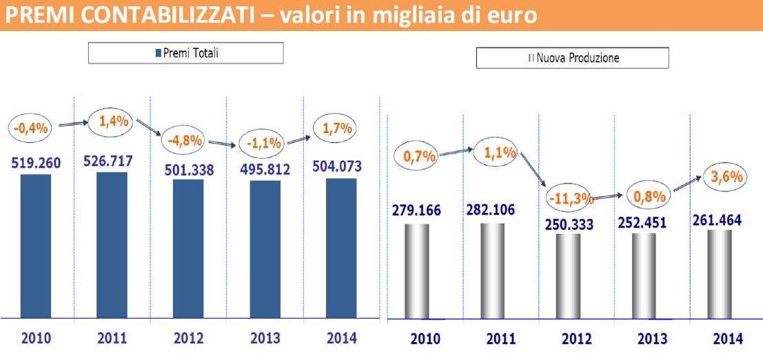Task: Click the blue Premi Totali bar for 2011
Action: [112, 245]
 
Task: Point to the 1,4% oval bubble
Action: [113, 123]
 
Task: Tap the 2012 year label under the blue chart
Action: [188, 339]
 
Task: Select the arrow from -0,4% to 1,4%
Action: [73, 126]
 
